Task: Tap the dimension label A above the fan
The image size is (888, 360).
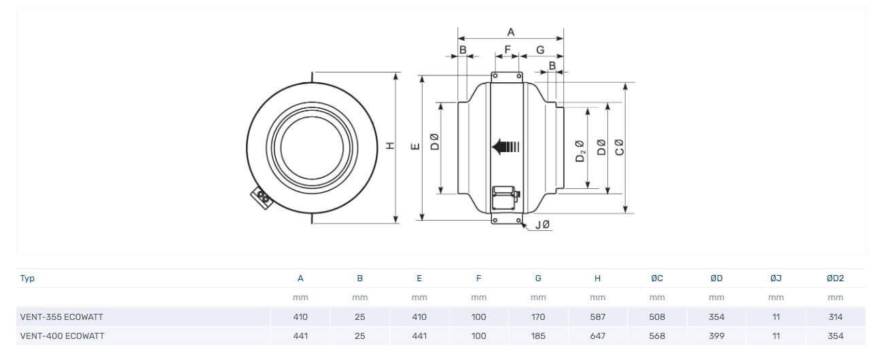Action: (x=511, y=32)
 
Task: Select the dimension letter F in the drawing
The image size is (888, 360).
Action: (x=507, y=50)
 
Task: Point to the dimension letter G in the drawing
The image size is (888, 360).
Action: (x=540, y=50)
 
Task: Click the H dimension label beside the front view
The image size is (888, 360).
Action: (x=390, y=146)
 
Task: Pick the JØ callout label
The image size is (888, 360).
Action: (x=542, y=225)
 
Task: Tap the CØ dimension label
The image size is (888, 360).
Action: (x=618, y=147)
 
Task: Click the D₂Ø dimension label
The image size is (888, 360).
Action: (x=580, y=151)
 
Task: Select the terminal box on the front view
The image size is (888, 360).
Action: (x=261, y=198)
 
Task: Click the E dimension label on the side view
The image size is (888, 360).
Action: (x=415, y=146)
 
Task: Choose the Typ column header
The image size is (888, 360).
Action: (x=28, y=278)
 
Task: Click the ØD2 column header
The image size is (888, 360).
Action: (x=835, y=278)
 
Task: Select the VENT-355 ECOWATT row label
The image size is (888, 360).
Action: (x=62, y=317)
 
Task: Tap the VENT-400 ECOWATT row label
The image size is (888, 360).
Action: (x=63, y=336)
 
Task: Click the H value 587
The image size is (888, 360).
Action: (x=597, y=317)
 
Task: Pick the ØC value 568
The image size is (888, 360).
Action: (x=656, y=336)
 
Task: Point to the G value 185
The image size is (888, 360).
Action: (x=538, y=336)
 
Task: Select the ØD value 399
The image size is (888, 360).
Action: (x=716, y=336)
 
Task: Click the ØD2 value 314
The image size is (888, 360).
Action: (x=835, y=317)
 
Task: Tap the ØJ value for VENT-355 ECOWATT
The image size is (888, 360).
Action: (x=776, y=317)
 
